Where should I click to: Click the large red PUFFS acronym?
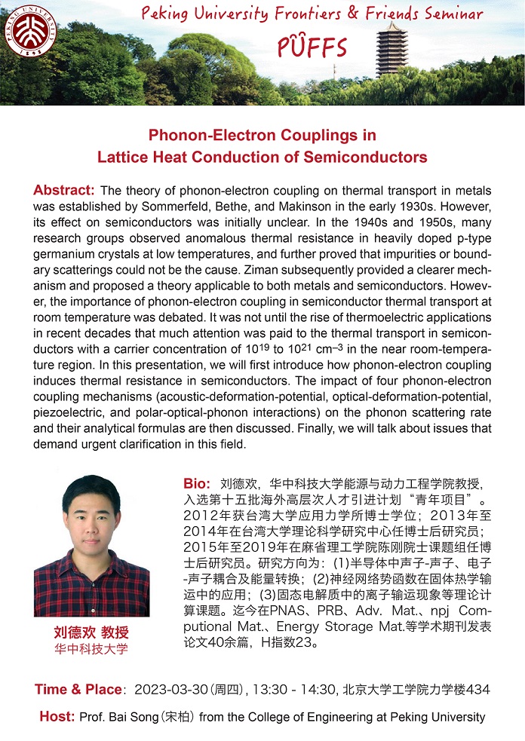[x=312, y=47]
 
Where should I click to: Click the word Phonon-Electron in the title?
[x=205, y=136]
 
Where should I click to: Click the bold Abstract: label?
[x=64, y=189]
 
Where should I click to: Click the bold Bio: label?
[x=198, y=482]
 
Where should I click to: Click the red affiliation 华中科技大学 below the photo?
[x=91, y=649]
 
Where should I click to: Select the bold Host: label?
[x=57, y=716]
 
